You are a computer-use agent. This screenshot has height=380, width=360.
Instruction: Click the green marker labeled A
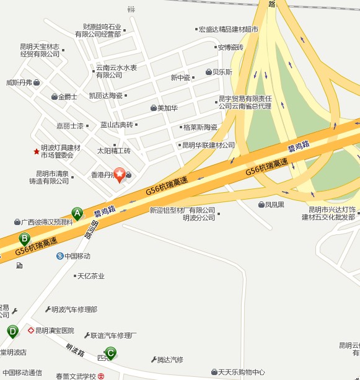coord(77,213)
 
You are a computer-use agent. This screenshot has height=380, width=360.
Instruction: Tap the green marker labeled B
coord(25,238)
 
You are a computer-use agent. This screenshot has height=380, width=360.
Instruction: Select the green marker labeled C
coord(110,353)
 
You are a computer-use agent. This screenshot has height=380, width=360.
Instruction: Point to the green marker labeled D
coord(12,331)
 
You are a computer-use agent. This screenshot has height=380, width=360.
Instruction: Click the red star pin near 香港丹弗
coord(119,175)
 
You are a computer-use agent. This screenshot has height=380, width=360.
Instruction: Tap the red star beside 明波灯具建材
coord(37,151)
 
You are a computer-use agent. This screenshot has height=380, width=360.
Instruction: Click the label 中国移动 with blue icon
coord(77,256)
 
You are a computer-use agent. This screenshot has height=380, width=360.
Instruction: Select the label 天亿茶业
coord(90,276)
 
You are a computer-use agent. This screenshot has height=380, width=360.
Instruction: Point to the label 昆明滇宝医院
coord(55,330)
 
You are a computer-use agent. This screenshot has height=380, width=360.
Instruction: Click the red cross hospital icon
coord(30,330)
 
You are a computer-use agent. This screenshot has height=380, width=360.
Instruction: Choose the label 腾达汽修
coord(170,359)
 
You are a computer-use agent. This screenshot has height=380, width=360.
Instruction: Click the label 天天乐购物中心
coord(241,372)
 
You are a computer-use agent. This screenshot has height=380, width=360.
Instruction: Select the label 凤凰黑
coord(274,205)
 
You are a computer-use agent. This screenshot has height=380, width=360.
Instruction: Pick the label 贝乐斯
coord(222,72)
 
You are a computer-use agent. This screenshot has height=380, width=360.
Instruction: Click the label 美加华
coord(167,108)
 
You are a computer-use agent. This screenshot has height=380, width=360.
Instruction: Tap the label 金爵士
coord(67,97)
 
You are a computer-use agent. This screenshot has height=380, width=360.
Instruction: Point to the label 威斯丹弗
coord(19,82)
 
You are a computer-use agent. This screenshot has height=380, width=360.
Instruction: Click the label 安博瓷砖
coord(230,47)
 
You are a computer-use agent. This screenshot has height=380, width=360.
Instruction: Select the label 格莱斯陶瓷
coord(200,127)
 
